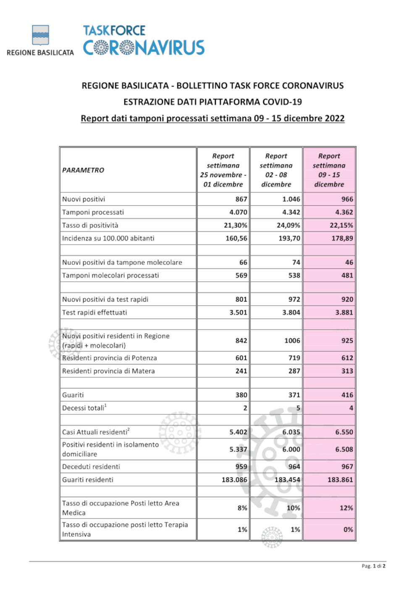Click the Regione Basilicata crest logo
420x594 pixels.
pyautogui.click(x=40, y=35)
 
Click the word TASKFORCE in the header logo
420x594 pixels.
pyautogui.click(x=114, y=31)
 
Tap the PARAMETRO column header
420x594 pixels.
pyautogui.click(x=83, y=170)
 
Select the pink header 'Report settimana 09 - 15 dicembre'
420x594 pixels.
pyautogui.click(x=329, y=170)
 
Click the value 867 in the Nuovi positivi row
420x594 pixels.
pyautogui.click(x=241, y=199)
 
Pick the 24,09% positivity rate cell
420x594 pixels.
pyautogui.click(x=288, y=225)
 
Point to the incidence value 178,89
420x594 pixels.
pyautogui.click(x=342, y=238)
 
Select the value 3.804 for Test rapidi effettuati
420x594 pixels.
pyautogui.click(x=291, y=312)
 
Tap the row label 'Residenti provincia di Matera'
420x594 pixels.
pyautogui.click(x=108, y=371)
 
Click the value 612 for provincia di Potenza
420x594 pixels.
pyautogui.click(x=347, y=358)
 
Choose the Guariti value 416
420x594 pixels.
pyautogui.click(x=347, y=395)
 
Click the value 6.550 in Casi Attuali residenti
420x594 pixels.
pyautogui.click(x=344, y=432)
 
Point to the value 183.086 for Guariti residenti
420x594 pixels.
pyautogui.click(x=234, y=479)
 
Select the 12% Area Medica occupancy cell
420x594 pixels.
pyautogui.click(x=346, y=508)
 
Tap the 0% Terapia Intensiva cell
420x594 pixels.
pyautogui.click(x=348, y=529)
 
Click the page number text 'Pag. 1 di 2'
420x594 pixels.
pyautogui.click(x=373, y=566)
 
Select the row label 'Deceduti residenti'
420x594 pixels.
pyautogui.click(x=91, y=466)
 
